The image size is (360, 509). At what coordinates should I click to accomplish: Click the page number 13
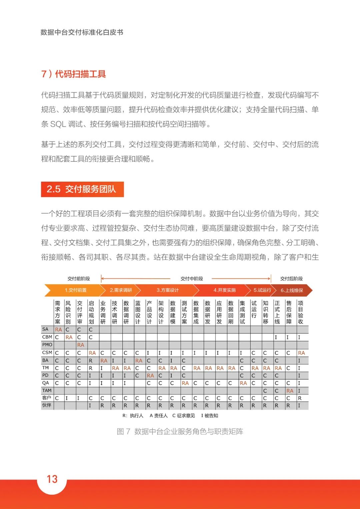[52, 479]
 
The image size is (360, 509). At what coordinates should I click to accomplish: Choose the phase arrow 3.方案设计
[168, 290]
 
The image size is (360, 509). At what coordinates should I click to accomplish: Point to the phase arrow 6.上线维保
[292, 290]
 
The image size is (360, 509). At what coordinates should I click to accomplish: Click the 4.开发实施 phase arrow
[224, 290]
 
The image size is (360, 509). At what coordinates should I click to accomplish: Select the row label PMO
[47, 345]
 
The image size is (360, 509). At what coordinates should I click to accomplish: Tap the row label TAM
[47, 390]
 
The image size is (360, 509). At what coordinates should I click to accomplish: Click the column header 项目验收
[300, 312]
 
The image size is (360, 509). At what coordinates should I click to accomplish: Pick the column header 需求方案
[58, 312]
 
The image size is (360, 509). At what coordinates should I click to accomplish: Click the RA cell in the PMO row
[81, 345]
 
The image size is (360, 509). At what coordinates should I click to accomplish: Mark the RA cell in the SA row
[58, 330]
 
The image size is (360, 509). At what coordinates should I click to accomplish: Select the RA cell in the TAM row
[290, 391]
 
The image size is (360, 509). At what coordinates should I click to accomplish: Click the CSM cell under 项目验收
[301, 353]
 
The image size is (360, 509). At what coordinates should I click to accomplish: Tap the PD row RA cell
[150, 376]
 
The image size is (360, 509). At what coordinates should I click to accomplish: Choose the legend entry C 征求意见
[183, 416]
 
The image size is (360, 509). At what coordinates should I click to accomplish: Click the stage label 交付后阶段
[291, 279]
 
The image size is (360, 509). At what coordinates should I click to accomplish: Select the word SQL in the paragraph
[58, 124]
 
